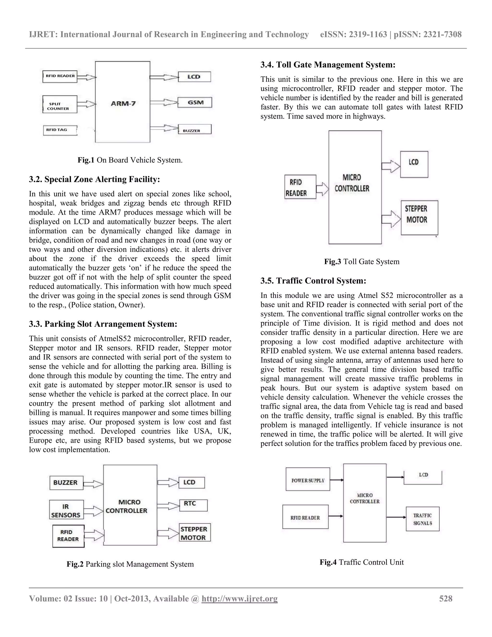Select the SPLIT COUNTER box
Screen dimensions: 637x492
[60, 104]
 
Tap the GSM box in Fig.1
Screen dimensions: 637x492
[195, 102]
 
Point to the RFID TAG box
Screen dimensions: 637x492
[60, 130]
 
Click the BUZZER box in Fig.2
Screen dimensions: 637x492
[66, 483]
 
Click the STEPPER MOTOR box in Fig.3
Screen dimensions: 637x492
[419, 218]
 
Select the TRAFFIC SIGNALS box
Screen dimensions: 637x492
[422, 519]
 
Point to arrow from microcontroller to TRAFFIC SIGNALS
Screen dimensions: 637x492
[396, 517]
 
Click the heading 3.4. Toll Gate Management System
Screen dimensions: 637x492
[328, 65]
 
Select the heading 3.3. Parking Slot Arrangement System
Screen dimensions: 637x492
[103, 324]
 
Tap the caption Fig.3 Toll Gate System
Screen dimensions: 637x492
[361, 261]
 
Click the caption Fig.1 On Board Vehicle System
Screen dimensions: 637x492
[130, 160]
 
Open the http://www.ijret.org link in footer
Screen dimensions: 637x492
[239, 599]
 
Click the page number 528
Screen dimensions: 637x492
[445, 599]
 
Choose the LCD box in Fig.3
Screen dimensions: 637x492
[414, 164]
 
